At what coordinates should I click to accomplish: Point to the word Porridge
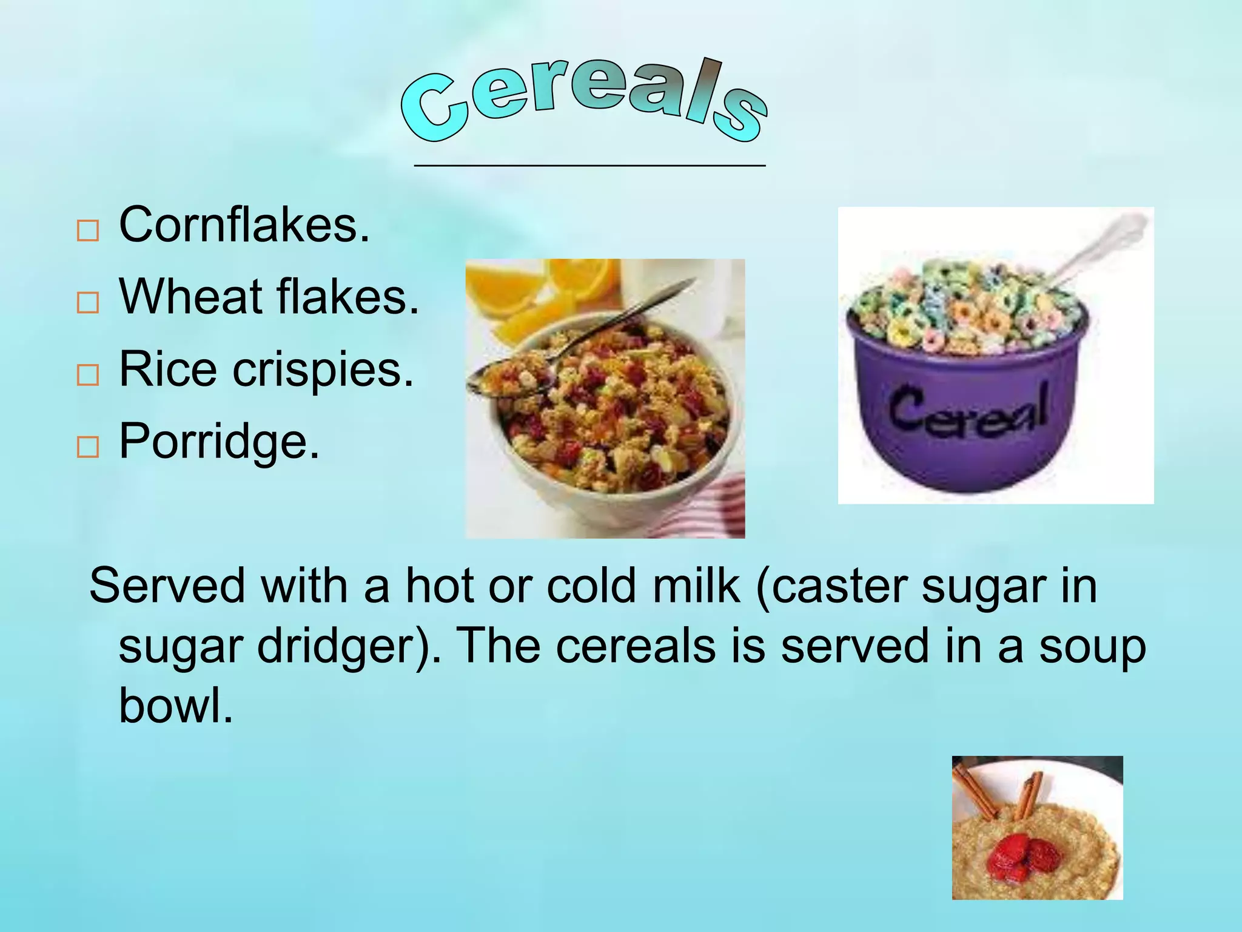[218, 442]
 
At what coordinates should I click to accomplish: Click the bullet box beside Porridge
[88, 447]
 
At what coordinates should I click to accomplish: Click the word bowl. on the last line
[176, 705]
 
